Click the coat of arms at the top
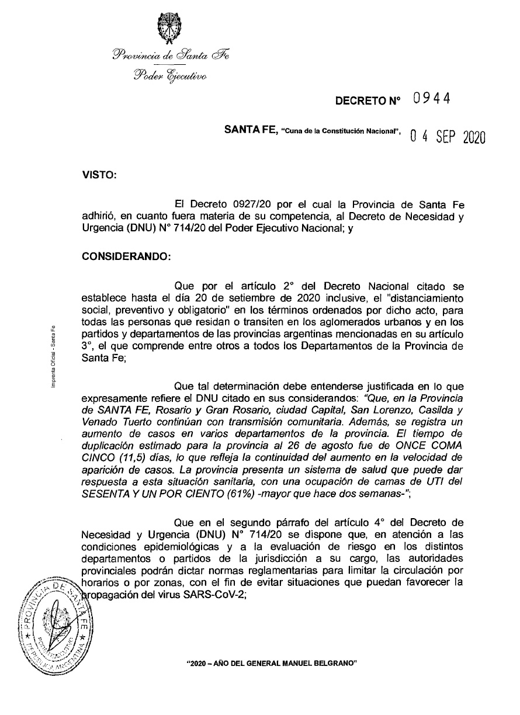pyautogui.click(x=169, y=27)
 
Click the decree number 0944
pyautogui.click(x=431, y=99)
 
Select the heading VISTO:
pyautogui.click(x=99, y=174)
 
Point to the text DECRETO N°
pyautogui.click(x=368, y=100)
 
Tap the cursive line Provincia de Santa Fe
pyautogui.click(x=171, y=55)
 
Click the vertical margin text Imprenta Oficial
pyautogui.click(x=53, y=355)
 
